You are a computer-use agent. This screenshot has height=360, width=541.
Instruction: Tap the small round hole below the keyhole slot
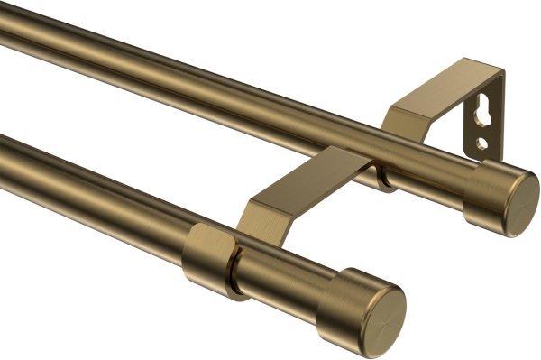(x=483, y=143)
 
